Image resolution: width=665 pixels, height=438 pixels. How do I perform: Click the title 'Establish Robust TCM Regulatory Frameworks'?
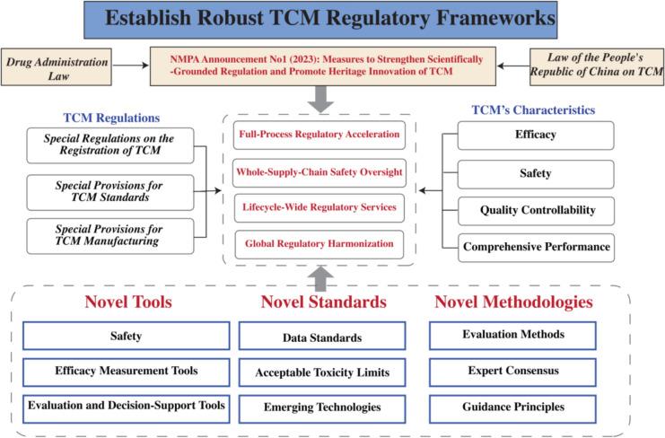click(331, 19)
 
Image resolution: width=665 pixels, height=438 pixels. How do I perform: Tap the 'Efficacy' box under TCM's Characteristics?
click(536, 136)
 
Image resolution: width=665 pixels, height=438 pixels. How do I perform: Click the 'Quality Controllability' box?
click(536, 209)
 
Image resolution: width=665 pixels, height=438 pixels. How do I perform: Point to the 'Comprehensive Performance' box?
click(536, 246)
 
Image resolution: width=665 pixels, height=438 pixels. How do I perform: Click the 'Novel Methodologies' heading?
click(512, 302)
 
